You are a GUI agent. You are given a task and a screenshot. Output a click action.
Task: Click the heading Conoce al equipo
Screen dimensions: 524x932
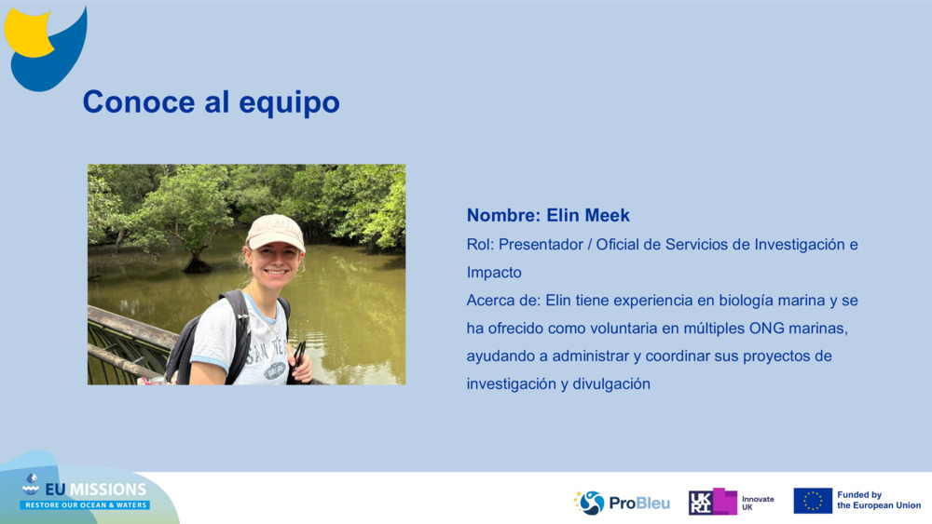[211, 101]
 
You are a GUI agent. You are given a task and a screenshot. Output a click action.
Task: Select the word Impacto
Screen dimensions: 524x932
[494, 273]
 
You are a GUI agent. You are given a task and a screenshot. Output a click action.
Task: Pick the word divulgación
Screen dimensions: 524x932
[610, 384]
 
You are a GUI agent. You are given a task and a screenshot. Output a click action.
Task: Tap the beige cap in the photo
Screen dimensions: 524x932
[275, 231]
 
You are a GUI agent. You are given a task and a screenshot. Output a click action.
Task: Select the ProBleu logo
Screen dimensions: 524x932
[623, 503]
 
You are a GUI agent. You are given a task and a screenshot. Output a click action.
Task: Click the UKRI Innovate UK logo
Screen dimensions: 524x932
[731, 502]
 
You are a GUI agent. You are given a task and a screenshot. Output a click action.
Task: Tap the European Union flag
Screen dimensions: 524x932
[813, 501]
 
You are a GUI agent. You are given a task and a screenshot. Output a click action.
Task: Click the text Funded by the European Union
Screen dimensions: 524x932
[878, 501]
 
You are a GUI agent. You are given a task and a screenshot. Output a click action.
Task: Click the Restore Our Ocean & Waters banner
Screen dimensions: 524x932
[86, 505]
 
